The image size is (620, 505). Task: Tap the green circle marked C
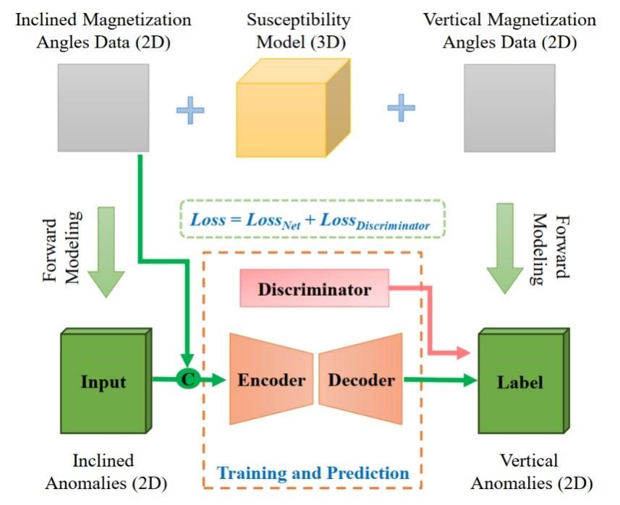[187, 378]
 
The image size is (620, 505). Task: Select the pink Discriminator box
[315, 290]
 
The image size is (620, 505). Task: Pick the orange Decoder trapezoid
[361, 379]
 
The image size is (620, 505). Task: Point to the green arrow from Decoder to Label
[438, 379]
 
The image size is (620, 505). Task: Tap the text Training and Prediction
[313, 474]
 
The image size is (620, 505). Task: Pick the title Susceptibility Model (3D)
[299, 30]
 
